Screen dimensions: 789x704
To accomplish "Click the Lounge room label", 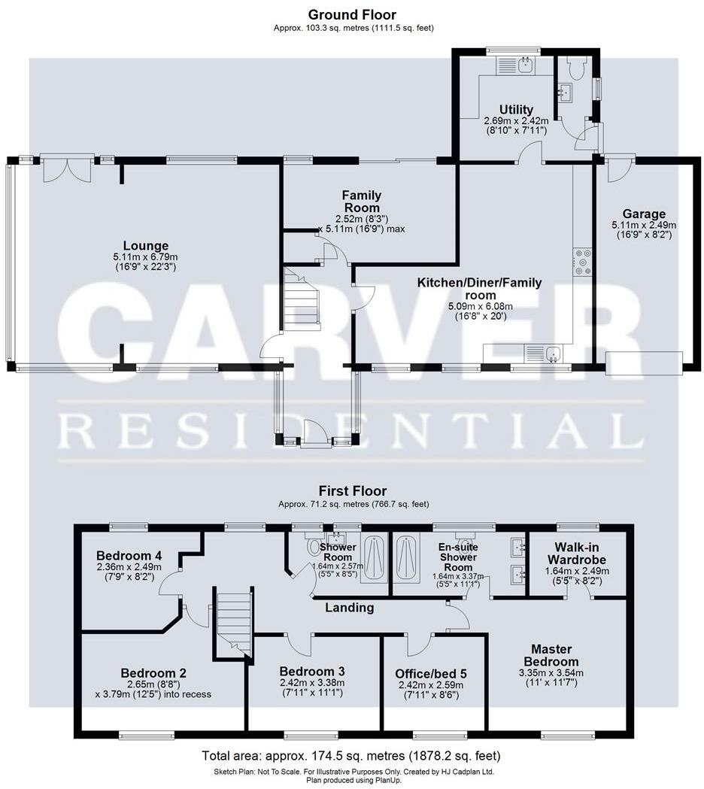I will click(146, 245).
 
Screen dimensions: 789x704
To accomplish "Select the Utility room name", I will click(516, 110).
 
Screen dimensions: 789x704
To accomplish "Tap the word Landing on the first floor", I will click(350, 608).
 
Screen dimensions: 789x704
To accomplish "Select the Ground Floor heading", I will click(352, 14).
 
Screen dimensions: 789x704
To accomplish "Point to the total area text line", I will click(351, 755).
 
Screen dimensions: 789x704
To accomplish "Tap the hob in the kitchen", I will click(583, 262).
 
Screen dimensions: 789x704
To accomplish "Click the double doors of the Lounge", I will click(67, 168).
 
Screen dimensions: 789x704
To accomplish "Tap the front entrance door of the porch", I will click(316, 435).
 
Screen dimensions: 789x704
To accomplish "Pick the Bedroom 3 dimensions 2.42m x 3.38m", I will click(311, 684).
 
